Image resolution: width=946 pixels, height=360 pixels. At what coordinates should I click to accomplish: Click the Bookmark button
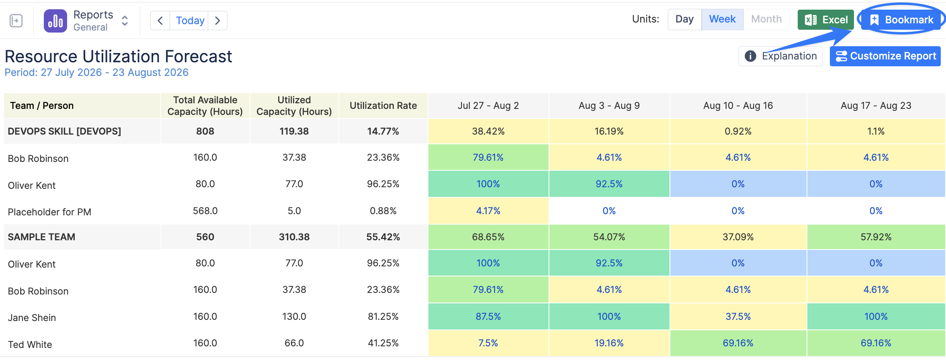coord(903,20)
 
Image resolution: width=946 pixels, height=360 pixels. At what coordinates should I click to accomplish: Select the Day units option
coord(684,19)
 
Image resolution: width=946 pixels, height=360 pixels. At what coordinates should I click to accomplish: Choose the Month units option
coord(766,19)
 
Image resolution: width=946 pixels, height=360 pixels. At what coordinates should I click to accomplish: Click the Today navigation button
coord(190,20)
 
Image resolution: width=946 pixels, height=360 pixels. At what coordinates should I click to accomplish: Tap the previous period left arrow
coord(160,20)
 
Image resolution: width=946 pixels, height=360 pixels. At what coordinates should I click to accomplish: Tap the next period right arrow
coord(217,20)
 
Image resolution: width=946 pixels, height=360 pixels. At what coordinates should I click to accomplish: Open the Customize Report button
coord(885,56)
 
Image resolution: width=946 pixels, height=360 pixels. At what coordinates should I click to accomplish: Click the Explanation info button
coord(780,56)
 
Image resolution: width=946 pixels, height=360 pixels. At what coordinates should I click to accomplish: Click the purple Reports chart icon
coord(55,21)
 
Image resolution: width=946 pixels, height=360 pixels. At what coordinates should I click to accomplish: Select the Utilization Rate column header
coord(383,106)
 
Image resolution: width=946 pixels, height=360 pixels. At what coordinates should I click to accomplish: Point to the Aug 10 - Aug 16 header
coord(738,106)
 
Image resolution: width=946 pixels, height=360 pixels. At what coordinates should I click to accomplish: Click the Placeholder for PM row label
coord(49,212)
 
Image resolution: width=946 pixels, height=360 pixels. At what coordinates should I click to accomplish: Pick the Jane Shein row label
coord(32,317)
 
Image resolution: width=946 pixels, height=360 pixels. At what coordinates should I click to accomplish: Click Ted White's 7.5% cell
coord(488,343)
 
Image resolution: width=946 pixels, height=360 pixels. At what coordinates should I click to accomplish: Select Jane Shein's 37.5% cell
coord(738,317)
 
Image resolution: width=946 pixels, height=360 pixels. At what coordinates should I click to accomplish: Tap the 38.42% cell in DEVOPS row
coord(488,131)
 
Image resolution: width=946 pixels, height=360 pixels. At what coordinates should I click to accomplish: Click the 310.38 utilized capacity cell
coord(294,237)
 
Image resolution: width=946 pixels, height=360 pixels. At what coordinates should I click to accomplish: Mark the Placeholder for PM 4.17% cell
coord(488,211)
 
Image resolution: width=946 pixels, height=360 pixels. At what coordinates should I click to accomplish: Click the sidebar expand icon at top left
coord(16,20)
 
